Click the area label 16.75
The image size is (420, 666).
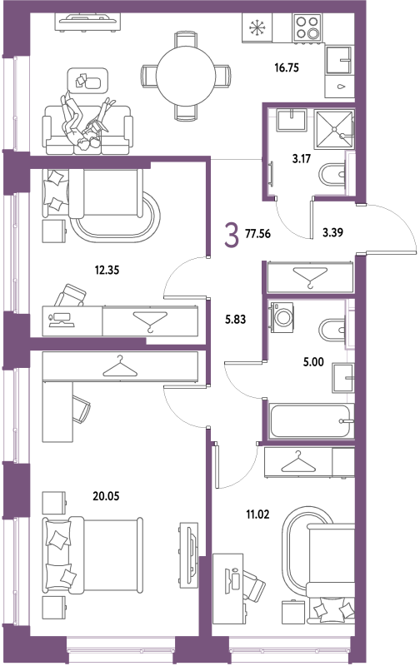coord(287,67)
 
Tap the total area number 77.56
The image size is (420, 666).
coord(257,233)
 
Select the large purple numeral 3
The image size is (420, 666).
coord(232,236)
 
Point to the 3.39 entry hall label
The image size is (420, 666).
coord(332,232)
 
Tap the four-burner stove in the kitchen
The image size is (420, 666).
coord(307,27)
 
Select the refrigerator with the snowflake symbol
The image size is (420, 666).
coord(257,28)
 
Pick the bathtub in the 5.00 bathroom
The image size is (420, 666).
coord(312,421)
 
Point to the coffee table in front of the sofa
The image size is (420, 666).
coord(88,81)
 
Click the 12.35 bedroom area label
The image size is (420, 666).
coord(107,270)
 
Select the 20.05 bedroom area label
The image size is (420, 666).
coord(106,495)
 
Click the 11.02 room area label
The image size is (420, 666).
coord(257,514)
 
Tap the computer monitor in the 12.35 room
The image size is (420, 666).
coord(62,319)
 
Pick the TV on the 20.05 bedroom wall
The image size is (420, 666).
coord(188,555)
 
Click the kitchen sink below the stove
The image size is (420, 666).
coord(339,60)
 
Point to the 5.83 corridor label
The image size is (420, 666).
coord(236,319)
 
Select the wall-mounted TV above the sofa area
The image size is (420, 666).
coord(87,22)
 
